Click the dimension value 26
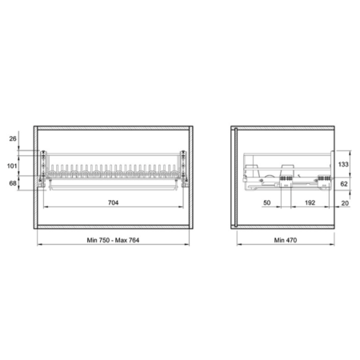[x=13, y=138]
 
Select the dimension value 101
[x=12, y=166]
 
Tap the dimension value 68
[x=13, y=183]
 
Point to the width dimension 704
[x=113, y=202]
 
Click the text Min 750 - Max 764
[x=113, y=240]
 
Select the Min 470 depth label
[x=286, y=240]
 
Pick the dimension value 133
[x=343, y=164]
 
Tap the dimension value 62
[x=344, y=184]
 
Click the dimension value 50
[x=267, y=202]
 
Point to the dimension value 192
[x=310, y=202]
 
